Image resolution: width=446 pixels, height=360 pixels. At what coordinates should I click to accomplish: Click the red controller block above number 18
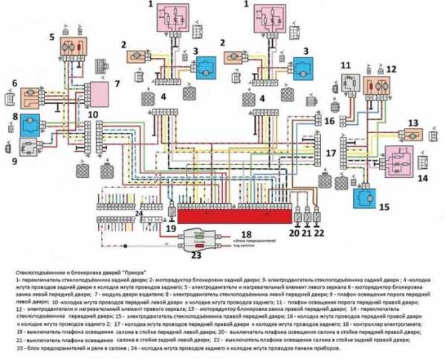click(x=233, y=215)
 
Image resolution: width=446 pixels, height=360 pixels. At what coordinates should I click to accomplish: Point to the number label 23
click(x=197, y=255)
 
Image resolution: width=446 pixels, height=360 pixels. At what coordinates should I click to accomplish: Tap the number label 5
click(x=52, y=36)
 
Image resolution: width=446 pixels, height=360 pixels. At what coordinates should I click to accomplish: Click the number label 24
click(x=138, y=213)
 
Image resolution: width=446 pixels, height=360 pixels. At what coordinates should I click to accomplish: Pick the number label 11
click(x=345, y=66)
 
